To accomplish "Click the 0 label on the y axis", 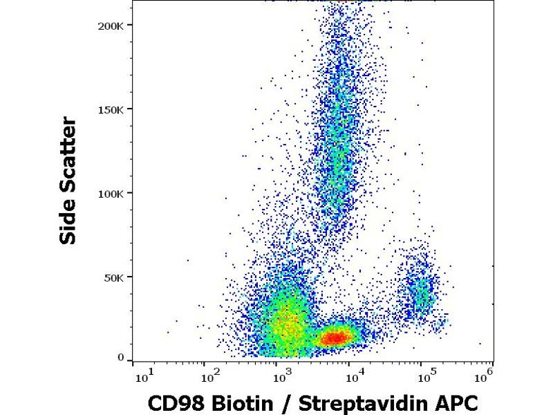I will point(120,358).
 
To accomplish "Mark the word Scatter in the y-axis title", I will point(68,153).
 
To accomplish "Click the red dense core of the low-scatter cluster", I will point(335,338).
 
